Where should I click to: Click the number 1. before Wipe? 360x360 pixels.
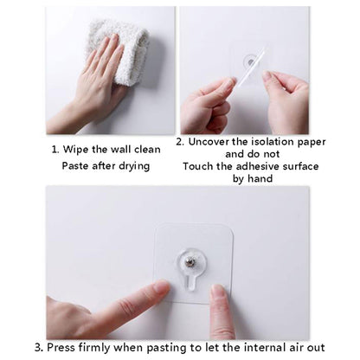pyautogui.click(x=56, y=149)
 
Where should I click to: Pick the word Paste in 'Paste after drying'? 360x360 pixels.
pyautogui.click(x=76, y=165)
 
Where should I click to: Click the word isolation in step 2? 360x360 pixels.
pyautogui.click(x=271, y=140)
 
